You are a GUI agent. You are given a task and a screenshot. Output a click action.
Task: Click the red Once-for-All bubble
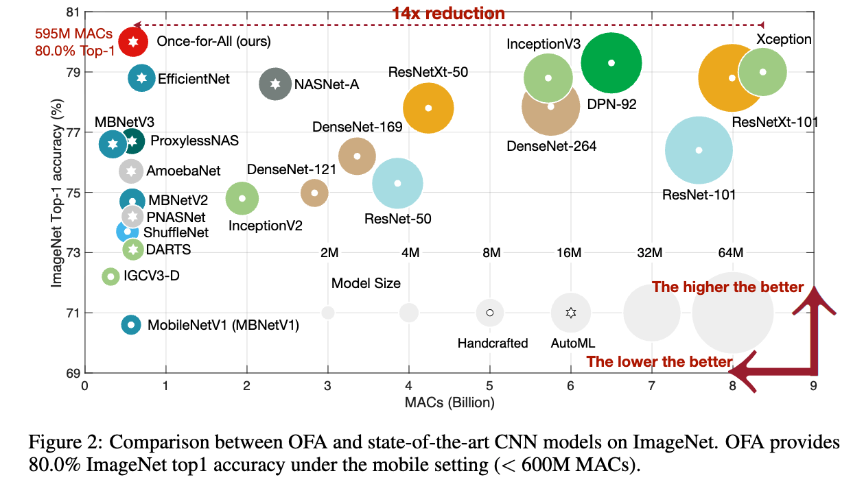point(133,42)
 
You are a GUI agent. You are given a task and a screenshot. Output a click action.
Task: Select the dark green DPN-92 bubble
point(611,63)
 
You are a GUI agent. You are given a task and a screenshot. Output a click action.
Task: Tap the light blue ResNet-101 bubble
point(699,150)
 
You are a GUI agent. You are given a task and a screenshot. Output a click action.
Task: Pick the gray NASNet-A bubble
point(275,84)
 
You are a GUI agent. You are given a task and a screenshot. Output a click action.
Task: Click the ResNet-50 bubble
point(397,183)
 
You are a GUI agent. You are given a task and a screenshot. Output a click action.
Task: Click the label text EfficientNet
point(194,79)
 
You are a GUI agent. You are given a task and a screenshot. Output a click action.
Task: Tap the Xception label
point(784,40)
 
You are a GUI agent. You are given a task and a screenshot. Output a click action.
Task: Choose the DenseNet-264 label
point(551,146)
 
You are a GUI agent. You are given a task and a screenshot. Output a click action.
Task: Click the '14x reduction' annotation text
point(448,13)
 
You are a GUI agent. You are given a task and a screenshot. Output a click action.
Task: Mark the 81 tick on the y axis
point(72,12)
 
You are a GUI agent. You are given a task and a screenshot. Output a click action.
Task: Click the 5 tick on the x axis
point(489,386)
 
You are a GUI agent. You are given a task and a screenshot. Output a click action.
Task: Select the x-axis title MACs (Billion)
point(448,402)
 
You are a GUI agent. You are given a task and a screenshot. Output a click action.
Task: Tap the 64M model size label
point(730,253)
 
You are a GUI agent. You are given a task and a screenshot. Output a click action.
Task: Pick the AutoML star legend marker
point(570,313)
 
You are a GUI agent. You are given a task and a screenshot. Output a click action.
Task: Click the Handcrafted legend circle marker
point(490,313)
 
